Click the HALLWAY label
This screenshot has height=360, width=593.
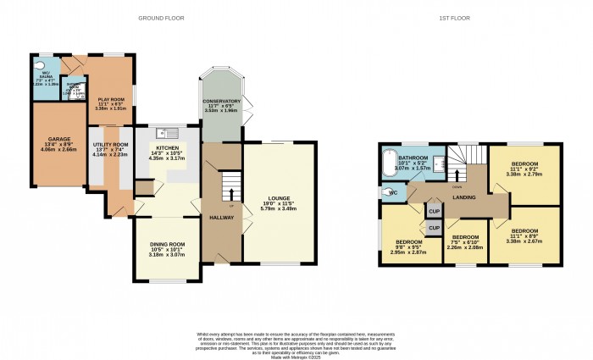[221, 218]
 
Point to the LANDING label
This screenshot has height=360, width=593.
[463, 198]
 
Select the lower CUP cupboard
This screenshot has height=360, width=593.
[433, 228]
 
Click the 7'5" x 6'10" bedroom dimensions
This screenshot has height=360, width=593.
[465, 247]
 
